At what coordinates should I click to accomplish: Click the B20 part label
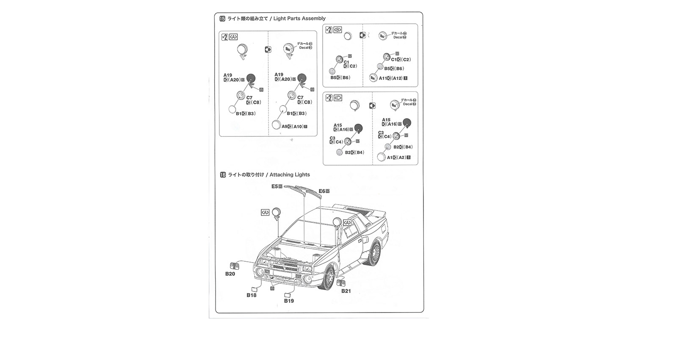click(230, 274)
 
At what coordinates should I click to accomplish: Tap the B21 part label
click(346, 291)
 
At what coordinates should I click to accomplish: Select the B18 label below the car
click(252, 295)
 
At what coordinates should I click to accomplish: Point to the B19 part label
click(289, 301)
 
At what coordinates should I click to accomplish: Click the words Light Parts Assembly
click(299, 19)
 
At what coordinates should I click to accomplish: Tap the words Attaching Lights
click(290, 174)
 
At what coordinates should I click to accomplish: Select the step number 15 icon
click(222, 19)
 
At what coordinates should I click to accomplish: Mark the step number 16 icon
click(223, 174)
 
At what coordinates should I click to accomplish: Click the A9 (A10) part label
click(292, 127)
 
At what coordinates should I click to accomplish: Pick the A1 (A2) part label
click(396, 158)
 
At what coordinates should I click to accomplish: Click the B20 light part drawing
click(235, 267)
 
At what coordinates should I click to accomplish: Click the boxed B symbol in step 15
click(337, 30)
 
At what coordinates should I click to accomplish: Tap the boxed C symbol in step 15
click(337, 98)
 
